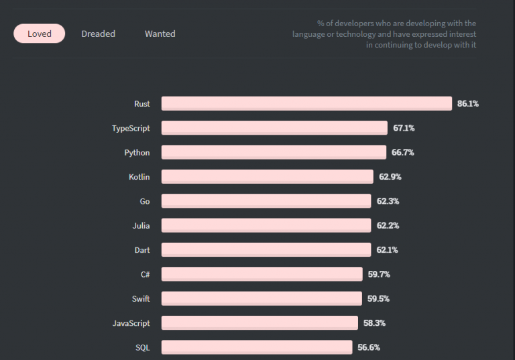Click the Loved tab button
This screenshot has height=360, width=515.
click(40, 34)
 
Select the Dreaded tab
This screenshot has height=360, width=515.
click(98, 34)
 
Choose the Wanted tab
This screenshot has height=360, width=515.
click(160, 34)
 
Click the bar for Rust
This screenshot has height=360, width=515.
click(306, 103)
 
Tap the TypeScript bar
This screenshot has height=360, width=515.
click(274, 127)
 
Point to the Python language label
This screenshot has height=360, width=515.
click(137, 152)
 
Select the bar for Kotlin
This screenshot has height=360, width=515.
click(267, 176)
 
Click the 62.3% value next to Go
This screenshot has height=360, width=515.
click(388, 201)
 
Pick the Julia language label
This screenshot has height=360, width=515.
click(141, 225)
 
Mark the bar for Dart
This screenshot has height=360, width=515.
click(266, 249)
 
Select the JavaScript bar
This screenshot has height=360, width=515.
click(260, 323)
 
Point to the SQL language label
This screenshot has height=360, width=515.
click(142, 347)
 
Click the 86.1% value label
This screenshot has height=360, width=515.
click(468, 104)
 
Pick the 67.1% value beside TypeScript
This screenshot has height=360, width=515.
click(404, 128)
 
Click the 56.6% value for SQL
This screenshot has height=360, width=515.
click(369, 347)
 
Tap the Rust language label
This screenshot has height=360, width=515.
click(141, 104)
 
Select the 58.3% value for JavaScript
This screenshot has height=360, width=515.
click(374, 323)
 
